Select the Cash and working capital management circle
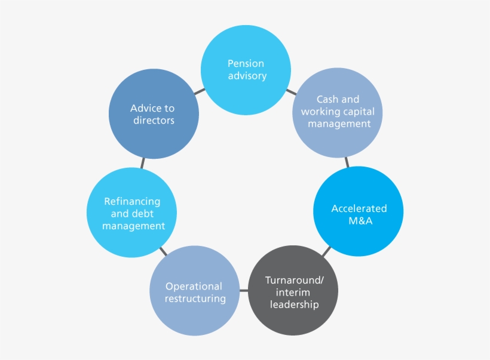tap(338, 114)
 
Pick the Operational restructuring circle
tap(194, 291)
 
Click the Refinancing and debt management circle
tap(132, 213)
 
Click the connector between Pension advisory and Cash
tap(291, 92)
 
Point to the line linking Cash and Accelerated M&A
tap(347, 162)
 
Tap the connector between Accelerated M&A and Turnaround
tap(326, 250)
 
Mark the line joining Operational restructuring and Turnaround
tap(243, 290)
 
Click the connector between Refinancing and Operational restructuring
tap(163, 251)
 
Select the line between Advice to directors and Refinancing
tap(142, 162)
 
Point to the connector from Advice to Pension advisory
tap(199, 91)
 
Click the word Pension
tap(246, 63)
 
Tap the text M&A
tap(359, 221)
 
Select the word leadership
tap(294, 304)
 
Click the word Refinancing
tap(132, 201)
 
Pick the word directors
tap(152, 120)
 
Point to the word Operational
tap(194, 286)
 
